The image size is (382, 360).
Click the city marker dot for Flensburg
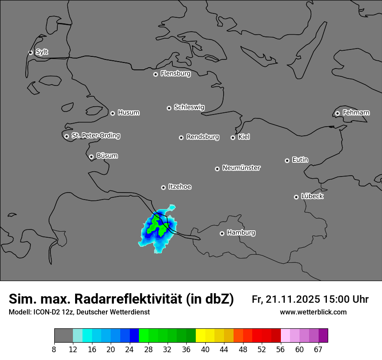pyautogui.click(x=155, y=74)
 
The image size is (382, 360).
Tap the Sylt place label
pyautogui.click(x=42, y=52)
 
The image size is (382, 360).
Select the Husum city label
pyautogui.click(x=128, y=113)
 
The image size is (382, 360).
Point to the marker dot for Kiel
pyautogui.click(x=233, y=137)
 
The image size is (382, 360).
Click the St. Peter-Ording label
pyautogui.click(x=95, y=136)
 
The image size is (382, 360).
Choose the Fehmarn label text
pyautogui.click(x=356, y=113)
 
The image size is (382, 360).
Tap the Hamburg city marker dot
pyautogui.click(x=222, y=233)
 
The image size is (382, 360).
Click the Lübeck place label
pyautogui.click(x=312, y=196)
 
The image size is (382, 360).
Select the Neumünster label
pyautogui.click(x=241, y=168)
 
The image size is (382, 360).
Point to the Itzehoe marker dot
pyautogui.click(x=163, y=187)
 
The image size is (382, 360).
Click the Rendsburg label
pyautogui.click(x=203, y=137)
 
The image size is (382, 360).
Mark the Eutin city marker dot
pyautogui.click(x=287, y=160)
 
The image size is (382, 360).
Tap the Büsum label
pyautogui.click(x=107, y=156)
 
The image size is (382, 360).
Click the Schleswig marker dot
pyautogui.click(x=169, y=108)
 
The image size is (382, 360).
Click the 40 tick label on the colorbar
pyautogui.click(x=205, y=350)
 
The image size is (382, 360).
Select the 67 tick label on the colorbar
pyautogui.click(x=318, y=350)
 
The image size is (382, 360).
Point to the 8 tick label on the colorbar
pyautogui.click(x=54, y=350)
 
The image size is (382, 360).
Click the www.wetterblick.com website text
pyautogui.click(x=313, y=312)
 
